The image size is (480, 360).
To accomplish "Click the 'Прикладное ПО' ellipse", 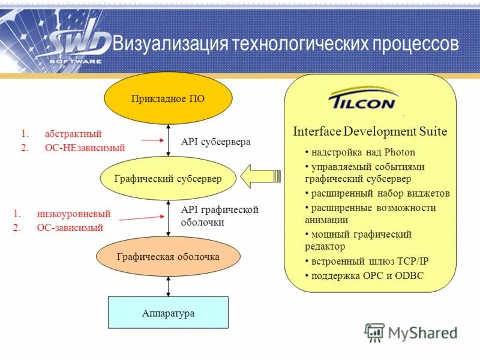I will tap(168, 98).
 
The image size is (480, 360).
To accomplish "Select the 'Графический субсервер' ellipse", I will tap(168, 179).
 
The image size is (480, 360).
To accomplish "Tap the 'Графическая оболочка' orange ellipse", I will tap(168, 257).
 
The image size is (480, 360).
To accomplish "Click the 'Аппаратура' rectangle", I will tap(168, 313).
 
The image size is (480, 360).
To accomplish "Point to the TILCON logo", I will tap(362, 100).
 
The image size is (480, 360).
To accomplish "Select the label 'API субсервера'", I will tap(215, 142).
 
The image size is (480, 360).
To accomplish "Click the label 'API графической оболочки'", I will tap(219, 215).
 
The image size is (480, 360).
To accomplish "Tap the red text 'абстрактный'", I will tap(73, 134).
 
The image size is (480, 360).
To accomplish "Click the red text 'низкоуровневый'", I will tap(73, 214).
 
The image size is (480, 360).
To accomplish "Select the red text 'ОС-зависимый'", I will tap(70, 228).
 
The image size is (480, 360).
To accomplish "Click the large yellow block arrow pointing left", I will tap(260, 176).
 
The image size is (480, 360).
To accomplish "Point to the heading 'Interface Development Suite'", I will tap(370, 132).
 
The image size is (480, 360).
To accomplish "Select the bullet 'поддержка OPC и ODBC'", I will tap(367, 276).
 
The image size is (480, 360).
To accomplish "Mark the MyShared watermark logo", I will tap(410, 333).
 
